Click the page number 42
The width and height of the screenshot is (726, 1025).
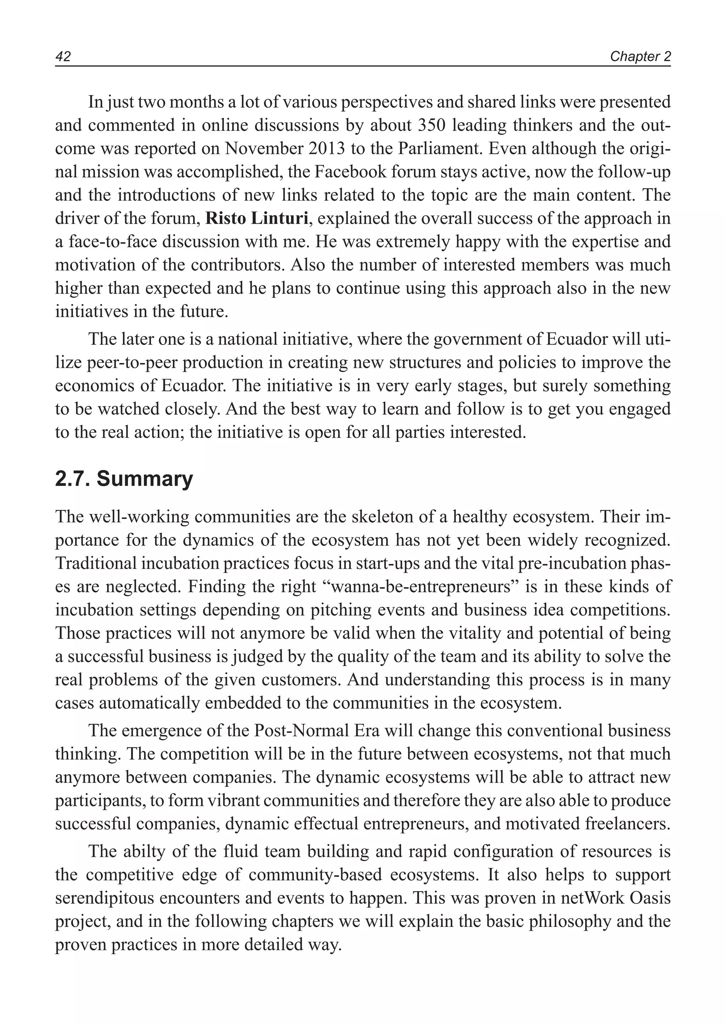(63, 57)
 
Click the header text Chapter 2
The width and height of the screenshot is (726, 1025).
(640, 57)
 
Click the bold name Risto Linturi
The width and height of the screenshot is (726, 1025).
(257, 219)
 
